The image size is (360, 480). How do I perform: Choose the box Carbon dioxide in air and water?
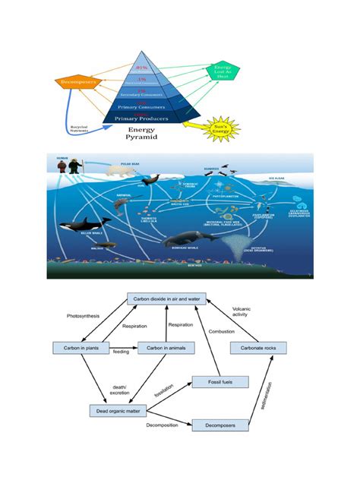[166, 301]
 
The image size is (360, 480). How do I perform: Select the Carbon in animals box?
[166, 348]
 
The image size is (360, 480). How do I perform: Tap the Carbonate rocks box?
[257, 348]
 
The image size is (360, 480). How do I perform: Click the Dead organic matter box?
[118, 410]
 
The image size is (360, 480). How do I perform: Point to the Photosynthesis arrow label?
[83, 315]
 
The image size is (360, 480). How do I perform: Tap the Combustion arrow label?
[223, 332]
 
